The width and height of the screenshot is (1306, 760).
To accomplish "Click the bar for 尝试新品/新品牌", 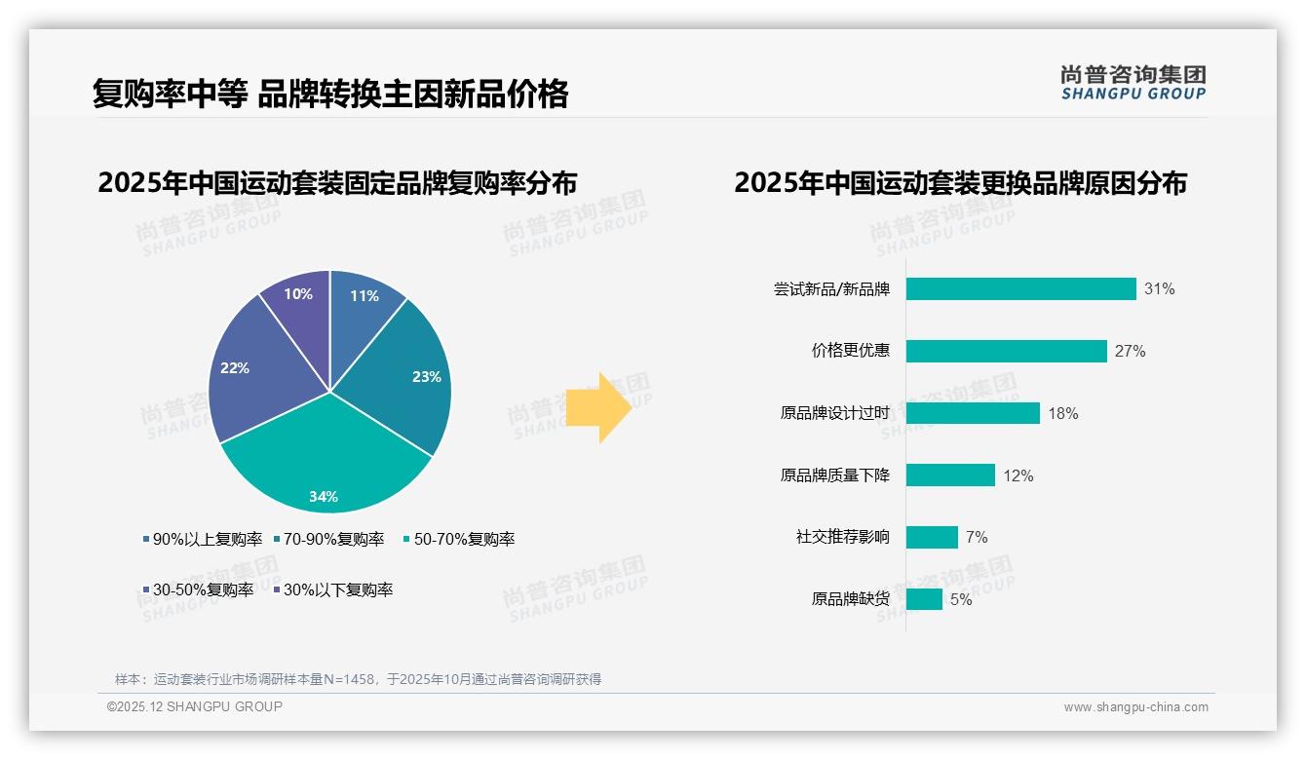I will coord(1020,289).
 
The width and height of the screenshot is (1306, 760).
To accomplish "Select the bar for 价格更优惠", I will coord(1006,351).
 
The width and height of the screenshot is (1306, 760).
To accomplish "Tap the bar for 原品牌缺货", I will coord(924,599).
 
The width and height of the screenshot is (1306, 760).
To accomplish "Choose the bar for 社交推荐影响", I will coord(932,537).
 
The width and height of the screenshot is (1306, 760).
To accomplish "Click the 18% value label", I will coord(1062,414).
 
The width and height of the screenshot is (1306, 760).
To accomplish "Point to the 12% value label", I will coord(1018,476).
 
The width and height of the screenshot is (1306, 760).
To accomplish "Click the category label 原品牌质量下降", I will coord(834,475).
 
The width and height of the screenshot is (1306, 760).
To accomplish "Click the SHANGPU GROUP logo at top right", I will coord(1133,83).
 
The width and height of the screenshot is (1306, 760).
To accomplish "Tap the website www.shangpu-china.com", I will coord(1135,707).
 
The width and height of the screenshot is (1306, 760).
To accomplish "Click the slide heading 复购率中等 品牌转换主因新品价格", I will coord(330,95).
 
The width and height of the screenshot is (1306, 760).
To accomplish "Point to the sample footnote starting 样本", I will coord(358,679).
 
